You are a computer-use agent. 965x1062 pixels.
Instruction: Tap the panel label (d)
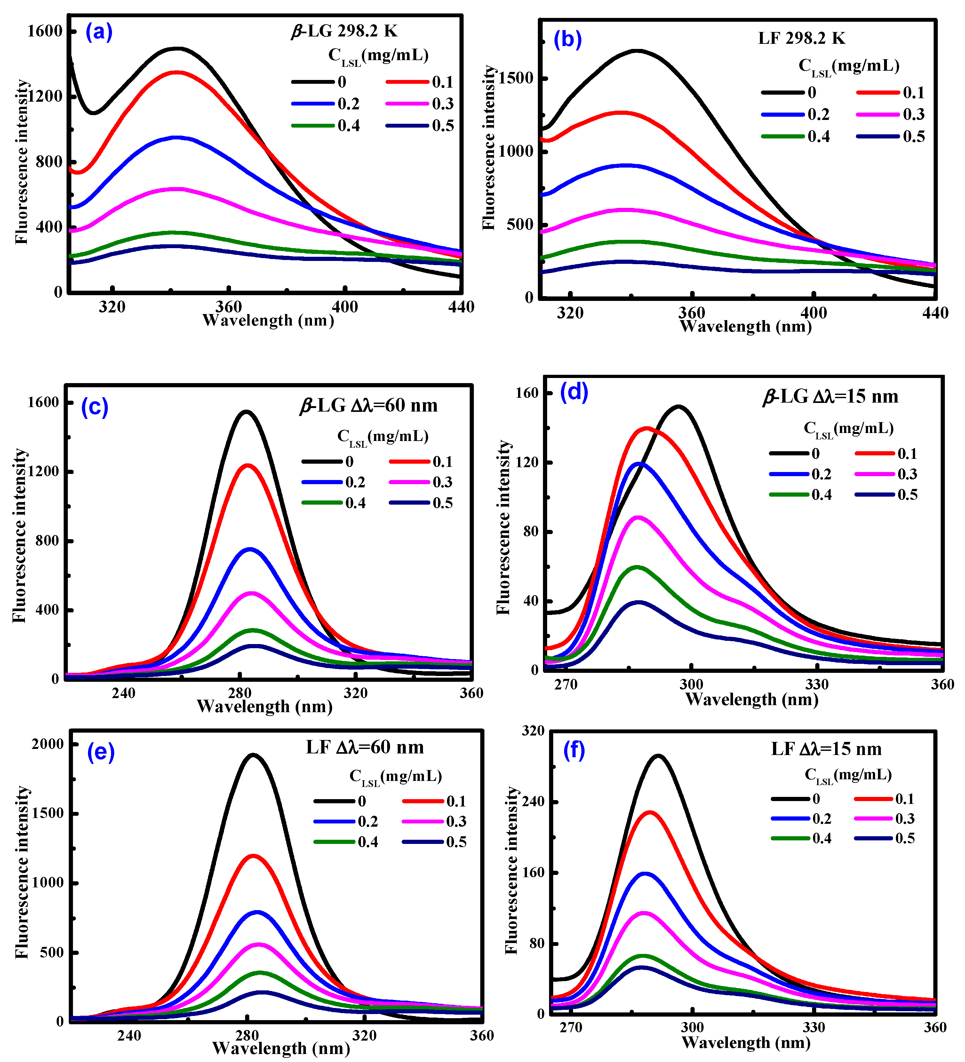pos(574,392)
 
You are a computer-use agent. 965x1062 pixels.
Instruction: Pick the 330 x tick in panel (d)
pos(816,684)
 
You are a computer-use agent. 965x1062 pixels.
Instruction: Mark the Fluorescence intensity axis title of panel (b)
pos(489,147)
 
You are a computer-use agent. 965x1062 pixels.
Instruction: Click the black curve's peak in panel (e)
pos(253,755)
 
